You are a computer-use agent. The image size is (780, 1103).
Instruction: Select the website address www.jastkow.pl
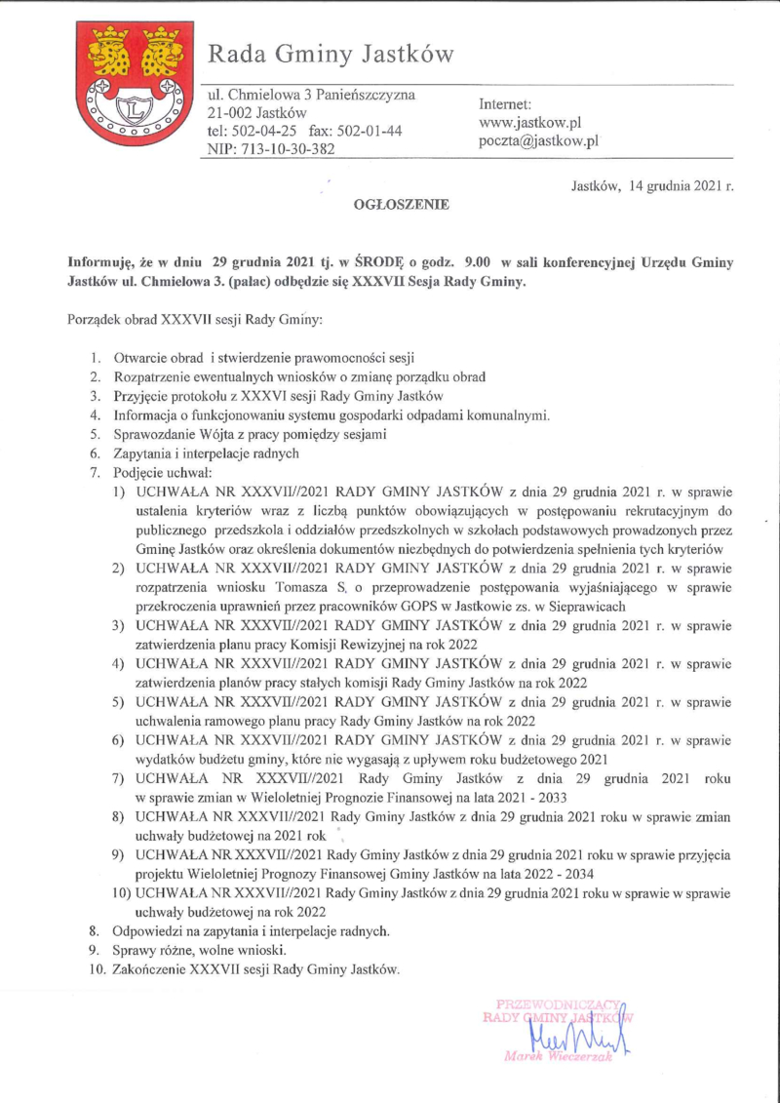coord(530,123)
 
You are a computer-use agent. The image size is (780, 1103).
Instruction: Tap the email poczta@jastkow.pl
coord(537,141)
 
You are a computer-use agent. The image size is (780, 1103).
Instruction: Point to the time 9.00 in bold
coord(478,262)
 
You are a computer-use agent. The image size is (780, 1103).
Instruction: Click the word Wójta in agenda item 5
coord(226,434)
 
